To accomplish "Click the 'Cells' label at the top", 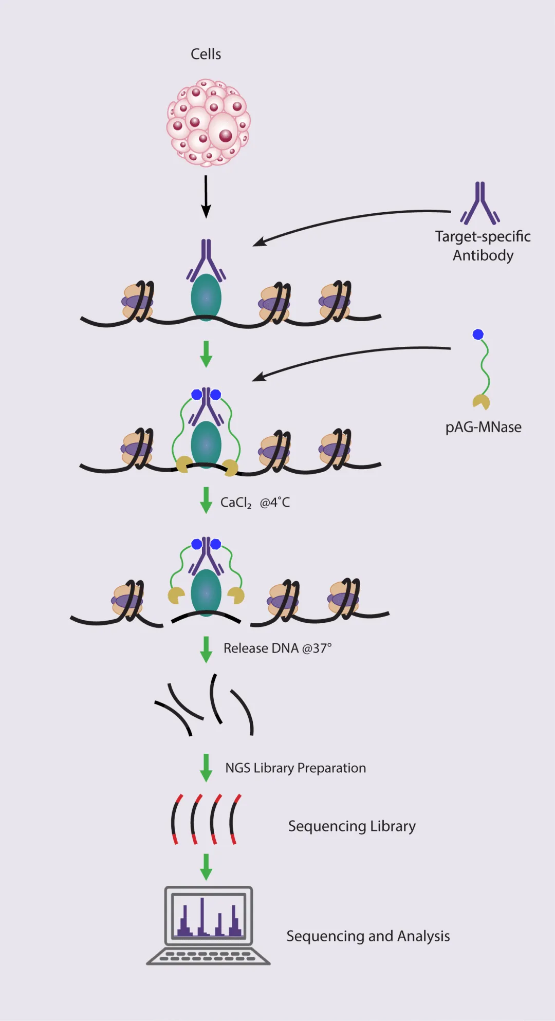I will tap(206, 54).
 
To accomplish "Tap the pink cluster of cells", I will tap(208, 122).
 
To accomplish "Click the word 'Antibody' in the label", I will tap(483, 255).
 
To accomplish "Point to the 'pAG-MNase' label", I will tap(483, 427).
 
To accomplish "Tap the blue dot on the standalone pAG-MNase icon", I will tap(478, 335).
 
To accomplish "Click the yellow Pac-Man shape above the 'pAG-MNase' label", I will tap(481, 402).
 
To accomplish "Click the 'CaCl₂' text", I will tap(236, 503).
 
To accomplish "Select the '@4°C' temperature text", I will tap(275, 503).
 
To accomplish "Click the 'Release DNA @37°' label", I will tap(277, 648).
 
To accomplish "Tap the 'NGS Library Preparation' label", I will tap(295, 768).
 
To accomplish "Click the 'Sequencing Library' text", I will tap(352, 826).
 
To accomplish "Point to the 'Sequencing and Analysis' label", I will tap(368, 936).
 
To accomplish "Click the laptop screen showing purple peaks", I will tap(208, 916).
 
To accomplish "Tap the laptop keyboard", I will tap(208, 956).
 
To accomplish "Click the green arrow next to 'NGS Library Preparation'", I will tap(206, 768).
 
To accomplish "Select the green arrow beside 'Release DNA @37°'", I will tap(206, 649).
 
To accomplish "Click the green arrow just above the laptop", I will tap(206, 867).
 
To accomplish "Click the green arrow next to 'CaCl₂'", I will tap(206, 500).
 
